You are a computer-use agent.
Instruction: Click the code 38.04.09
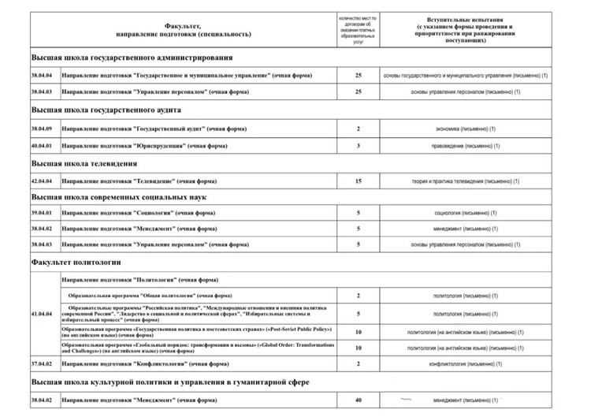(40, 128)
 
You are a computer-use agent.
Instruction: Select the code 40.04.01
(40, 146)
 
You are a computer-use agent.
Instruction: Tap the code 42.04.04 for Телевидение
(40, 181)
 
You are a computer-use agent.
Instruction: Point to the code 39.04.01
(40, 214)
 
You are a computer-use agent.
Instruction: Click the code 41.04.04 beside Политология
(40, 314)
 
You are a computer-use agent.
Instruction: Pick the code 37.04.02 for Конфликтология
(40, 364)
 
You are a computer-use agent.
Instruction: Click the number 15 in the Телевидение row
(358, 181)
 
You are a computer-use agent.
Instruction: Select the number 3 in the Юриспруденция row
(358, 146)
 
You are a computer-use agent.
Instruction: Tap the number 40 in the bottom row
(358, 401)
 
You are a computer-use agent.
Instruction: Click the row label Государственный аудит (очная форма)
(150, 128)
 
